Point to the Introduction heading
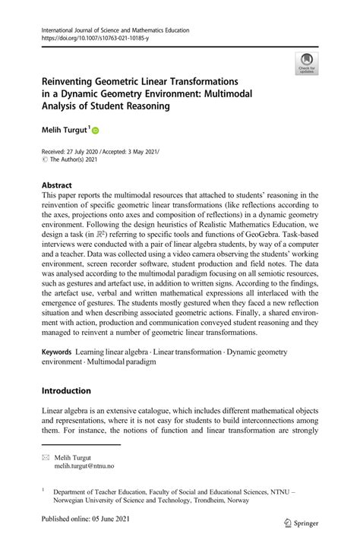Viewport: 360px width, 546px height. point(66,391)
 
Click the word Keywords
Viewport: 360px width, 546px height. point(57,353)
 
